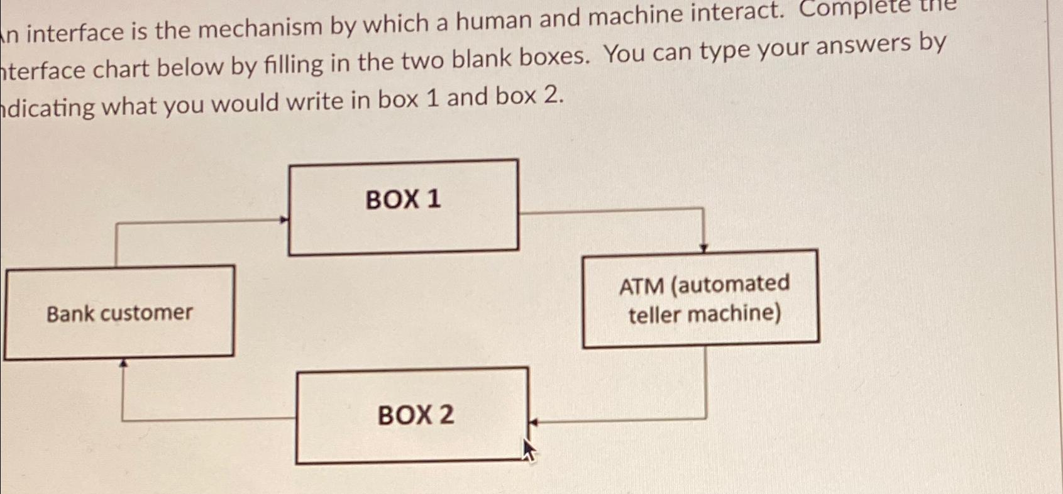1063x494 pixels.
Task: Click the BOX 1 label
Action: point(403,200)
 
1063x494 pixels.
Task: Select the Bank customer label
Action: point(119,313)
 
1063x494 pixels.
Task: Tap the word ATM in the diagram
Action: point(641,287)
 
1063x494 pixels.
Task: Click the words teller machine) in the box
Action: point(705,314)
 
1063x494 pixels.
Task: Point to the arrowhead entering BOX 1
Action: point(284,220)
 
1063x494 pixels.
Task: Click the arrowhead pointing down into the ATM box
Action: point(703,248)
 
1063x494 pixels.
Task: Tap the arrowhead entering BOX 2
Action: point(532,423)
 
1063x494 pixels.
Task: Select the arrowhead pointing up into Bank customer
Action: point(124,363)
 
